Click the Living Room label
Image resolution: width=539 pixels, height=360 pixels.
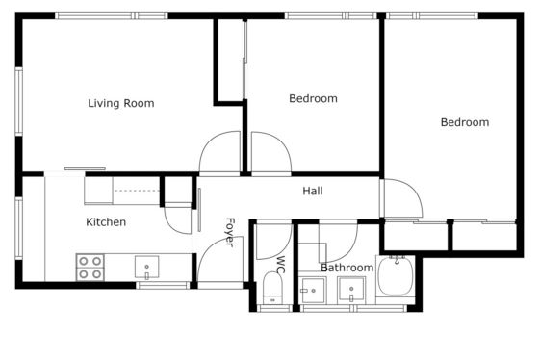coord(121,103)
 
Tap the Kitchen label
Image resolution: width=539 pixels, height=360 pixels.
coord(106,222)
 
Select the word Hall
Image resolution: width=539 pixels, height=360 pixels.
coord(313,191)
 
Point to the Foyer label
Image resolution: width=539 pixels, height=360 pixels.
coord(230,232)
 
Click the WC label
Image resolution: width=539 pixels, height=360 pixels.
coord(281,265)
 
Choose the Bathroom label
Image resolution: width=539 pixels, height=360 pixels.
coord(347,268)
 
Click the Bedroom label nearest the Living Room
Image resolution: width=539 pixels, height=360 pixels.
coord(313,99)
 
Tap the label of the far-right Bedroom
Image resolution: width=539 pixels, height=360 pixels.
coord(465,122)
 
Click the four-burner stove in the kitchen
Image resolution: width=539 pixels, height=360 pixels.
coord(90,268)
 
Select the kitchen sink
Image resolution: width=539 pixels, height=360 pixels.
coord(146,267)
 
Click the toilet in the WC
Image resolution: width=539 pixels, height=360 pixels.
coord(273,288)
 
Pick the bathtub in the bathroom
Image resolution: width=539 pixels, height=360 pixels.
coord(396,275)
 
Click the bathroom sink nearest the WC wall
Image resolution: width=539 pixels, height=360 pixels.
coord(313,291)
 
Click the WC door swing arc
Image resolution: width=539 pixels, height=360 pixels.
coord(285,248)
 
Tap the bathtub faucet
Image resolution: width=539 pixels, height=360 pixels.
coord(397,259)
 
